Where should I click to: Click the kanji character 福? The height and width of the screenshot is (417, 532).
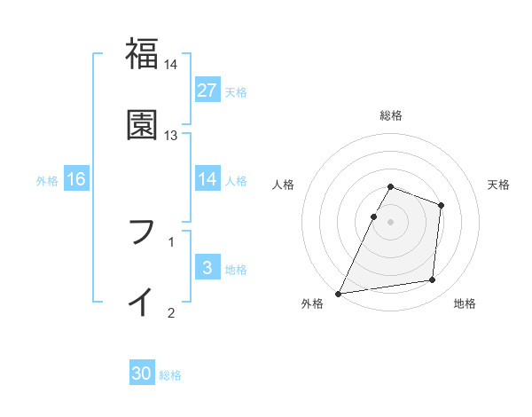pos(142,55)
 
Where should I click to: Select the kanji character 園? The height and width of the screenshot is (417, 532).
pos(142,125)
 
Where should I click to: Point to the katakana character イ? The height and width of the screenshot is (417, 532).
pos(142,302)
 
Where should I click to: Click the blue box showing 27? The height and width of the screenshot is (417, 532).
pos(207,90)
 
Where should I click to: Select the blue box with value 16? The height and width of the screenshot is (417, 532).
pos(76,179)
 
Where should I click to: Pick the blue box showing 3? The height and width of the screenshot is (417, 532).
pos(207,268)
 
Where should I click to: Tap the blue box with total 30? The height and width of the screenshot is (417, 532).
pos(142,374)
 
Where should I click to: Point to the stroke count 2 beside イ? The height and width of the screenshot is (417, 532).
pos(171,311)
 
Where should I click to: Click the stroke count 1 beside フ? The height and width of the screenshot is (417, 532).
pos(171,240)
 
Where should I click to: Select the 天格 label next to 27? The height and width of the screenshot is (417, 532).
pos(236,91)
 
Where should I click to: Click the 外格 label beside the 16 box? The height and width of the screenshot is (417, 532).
pos(47,180)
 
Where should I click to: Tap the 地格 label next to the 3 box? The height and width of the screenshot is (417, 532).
pos(236,269)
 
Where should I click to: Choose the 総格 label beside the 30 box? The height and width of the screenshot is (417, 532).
pos(170,375)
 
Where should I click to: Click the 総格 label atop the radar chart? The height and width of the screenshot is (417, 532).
pos(391,115)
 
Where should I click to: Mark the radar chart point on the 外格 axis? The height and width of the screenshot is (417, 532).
pos(338,294)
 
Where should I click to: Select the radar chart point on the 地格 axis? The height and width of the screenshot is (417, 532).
pos(433,280)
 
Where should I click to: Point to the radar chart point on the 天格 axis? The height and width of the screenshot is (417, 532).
pos(441,205)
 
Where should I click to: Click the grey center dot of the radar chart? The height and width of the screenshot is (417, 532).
pos(391,222)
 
